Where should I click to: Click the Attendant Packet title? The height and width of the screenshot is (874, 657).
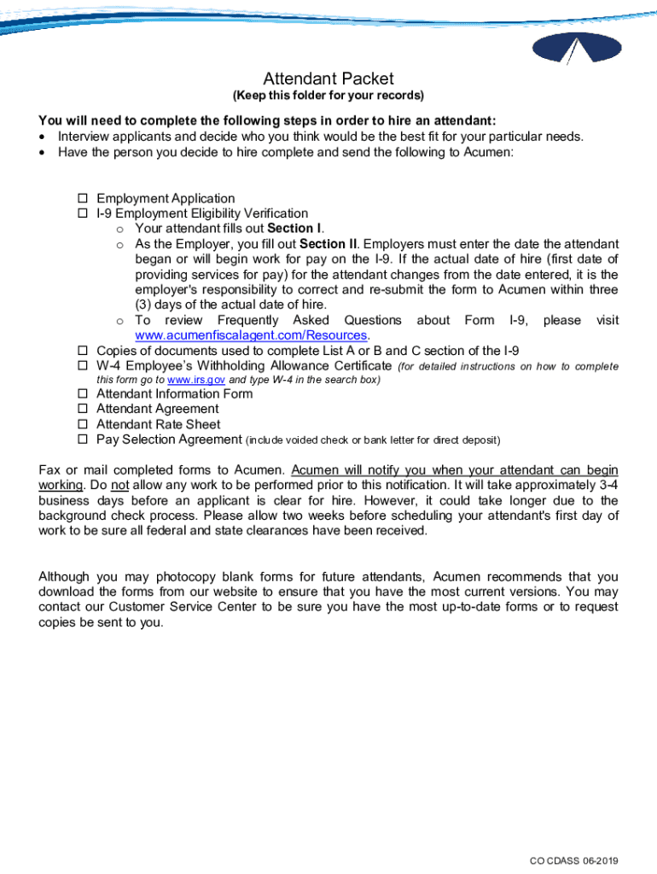pyautogui.click(x=328, y=79)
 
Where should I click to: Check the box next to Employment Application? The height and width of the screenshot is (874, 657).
pyautogui.click(x=84, y=199)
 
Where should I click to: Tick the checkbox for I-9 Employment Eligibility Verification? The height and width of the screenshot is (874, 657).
pyautogui.click(x=84, y=214)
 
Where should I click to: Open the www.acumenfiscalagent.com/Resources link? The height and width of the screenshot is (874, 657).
pyautogui.click(x=252, y=335)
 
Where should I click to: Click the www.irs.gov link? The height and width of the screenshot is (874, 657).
pyautogui.click(x=196, y=380)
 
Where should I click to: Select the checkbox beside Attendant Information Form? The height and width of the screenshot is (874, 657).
pyautogui.click(x=84, y=394)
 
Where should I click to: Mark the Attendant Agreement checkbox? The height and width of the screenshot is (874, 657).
pyautogui.click(x=84, y=410)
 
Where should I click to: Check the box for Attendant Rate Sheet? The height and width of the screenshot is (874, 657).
pyautogui.click(x=84, y=425)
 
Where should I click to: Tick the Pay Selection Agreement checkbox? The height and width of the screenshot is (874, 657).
pyautogui.click(x=84, y=440)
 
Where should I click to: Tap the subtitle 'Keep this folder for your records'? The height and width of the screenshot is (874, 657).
pyautogui.click(x=328, y=96)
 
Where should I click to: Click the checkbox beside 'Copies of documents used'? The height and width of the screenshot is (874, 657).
pyautogui.click(x=84, y=351)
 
